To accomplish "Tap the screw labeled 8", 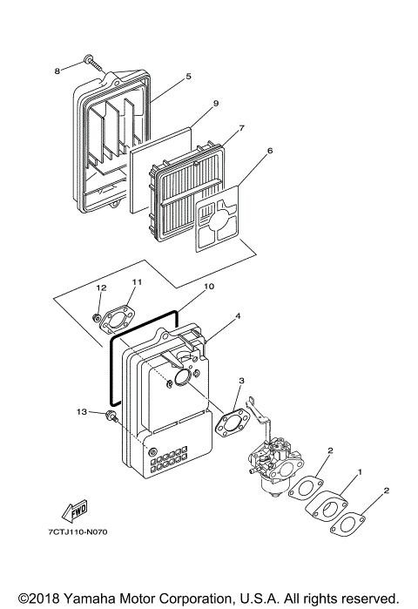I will click(x=93, y=61).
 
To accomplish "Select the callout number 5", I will click(x=187, y=77).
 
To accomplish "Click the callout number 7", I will click(x=241, y=128).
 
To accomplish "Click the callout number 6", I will click(x=270, y=151).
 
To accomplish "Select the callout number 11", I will click(x=136, y=281).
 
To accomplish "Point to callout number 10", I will click(x=208, y=285).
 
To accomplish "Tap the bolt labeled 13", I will click(x=111, y=416).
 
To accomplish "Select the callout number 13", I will click(x=82, y=410).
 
